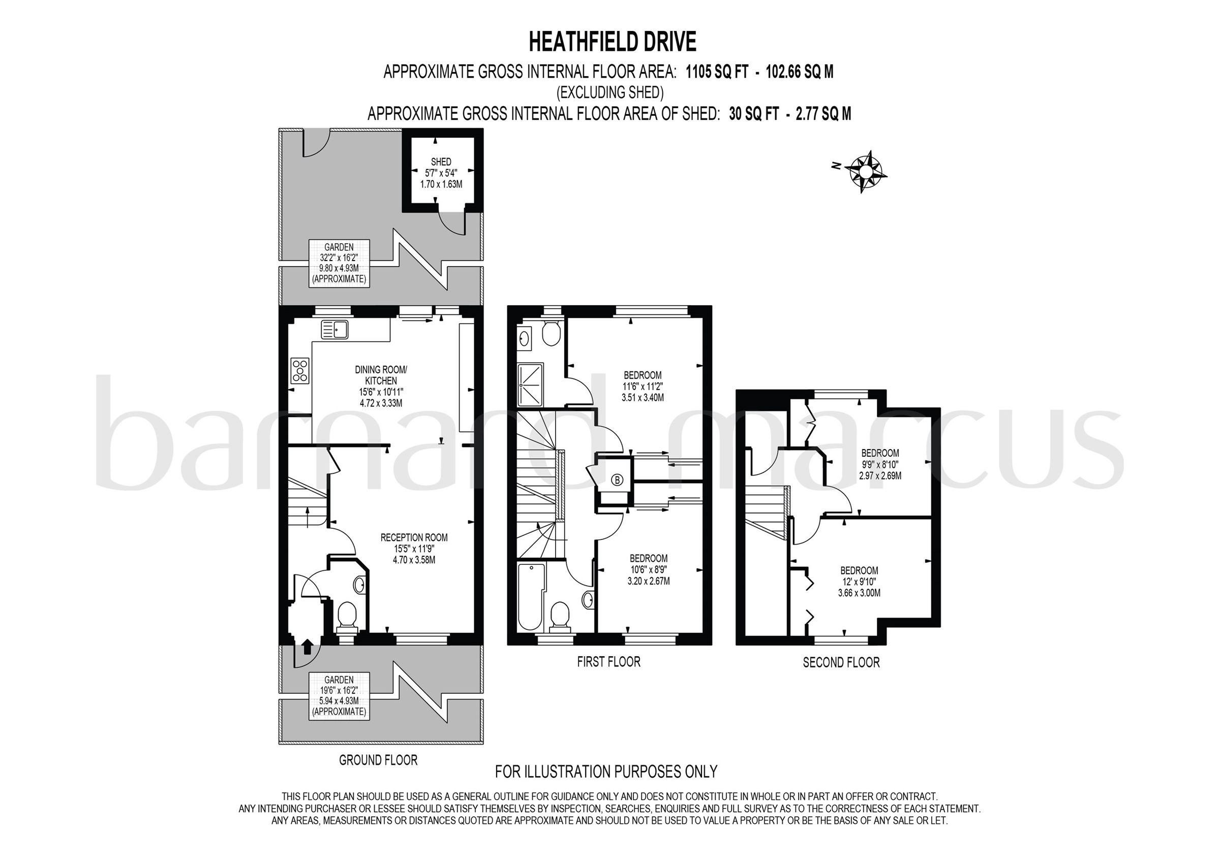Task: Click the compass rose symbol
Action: pyautogui.click(x=865, y=171)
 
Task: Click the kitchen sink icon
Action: pyautogui.click(x=334, y=329)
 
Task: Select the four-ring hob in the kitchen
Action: pyautogui.click(x=300, y=370)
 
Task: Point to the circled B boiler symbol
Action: pyautogui.click(x=617, y=480)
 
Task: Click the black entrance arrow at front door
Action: pyautogui.click(x=307, y=647)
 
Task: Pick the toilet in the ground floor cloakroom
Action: pyautogui.click(x=348, y=616)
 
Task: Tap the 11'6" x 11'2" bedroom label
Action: pyautogui.click(x=643, y=386)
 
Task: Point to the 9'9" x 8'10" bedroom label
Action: pyautogui.click(x=880, y=464)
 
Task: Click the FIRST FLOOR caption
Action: pyautogui.click(x=608, y=662)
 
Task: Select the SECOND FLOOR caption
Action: pyautogui.click(x=841, y=662)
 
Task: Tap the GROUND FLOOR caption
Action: pyautogui.click(x=378, y=760)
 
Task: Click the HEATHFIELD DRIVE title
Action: pyautogui.click(x=612, y=42)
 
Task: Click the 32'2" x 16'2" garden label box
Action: pyautogui.click(x=339, y=263)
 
